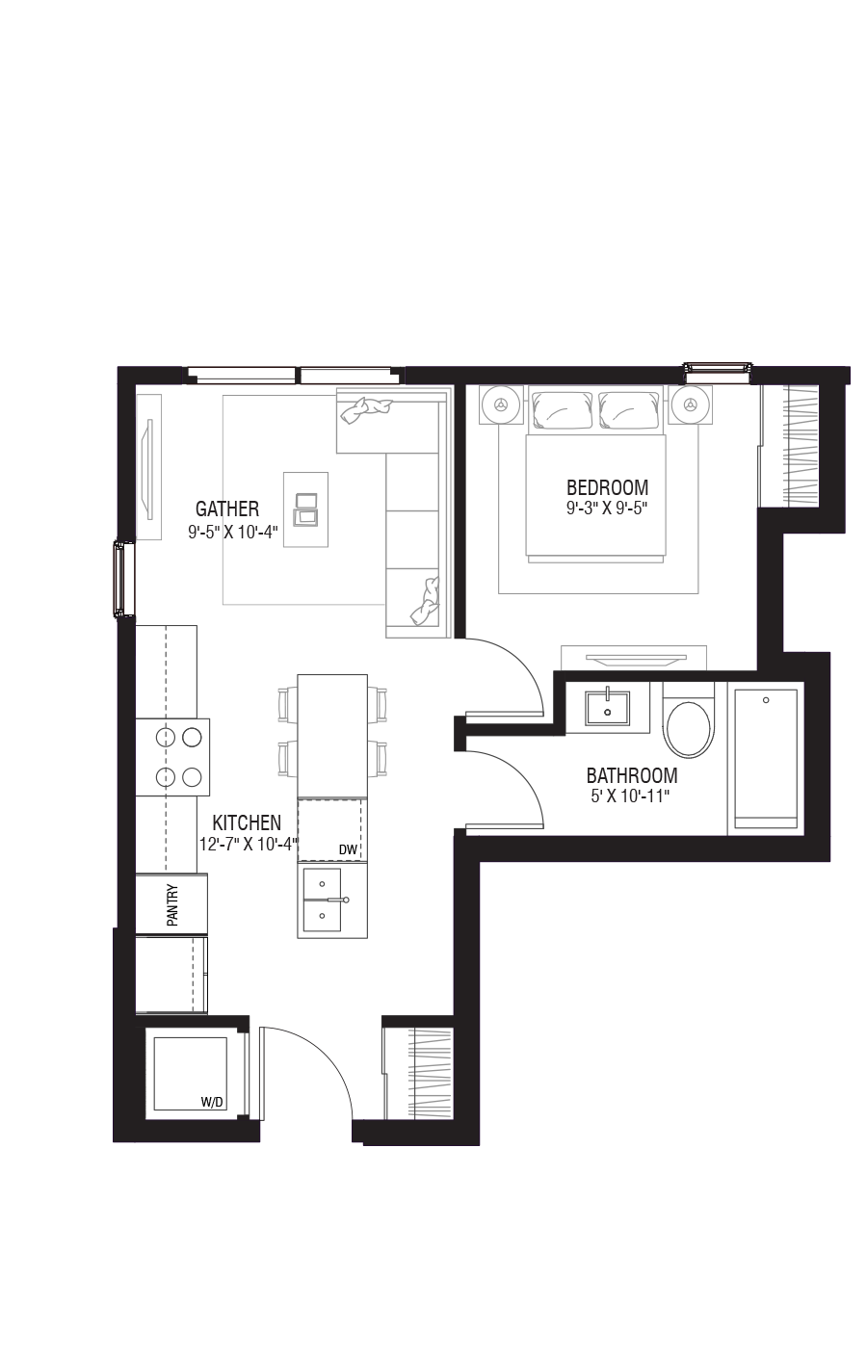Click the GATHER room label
coord(227,509)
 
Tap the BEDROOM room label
coord(607,487)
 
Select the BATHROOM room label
coord(632,775)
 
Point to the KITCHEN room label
coord(247,822)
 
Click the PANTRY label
coord(172,905)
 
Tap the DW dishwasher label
coord(348,850)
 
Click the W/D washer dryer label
coord(213,1103)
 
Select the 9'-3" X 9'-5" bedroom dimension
coord(607,509)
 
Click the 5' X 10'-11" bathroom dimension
coord(630,796)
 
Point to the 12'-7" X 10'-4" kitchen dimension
coord(249,844)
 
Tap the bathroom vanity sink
coord(607,704)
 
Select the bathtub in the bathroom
coord(766,759)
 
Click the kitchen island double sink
coord(322,900)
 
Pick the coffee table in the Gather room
coord(306,509)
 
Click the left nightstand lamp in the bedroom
coord(501,404)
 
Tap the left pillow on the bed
coord(563,410)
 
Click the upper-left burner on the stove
coord(166,738)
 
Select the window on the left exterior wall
coord(123,579)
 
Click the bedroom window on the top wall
coord(718,372)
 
